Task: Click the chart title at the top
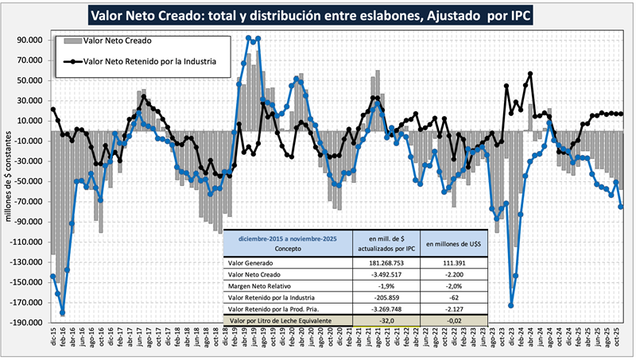click(318, 14)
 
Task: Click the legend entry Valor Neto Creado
click(117, 40)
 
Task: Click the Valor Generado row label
click(253, 262)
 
